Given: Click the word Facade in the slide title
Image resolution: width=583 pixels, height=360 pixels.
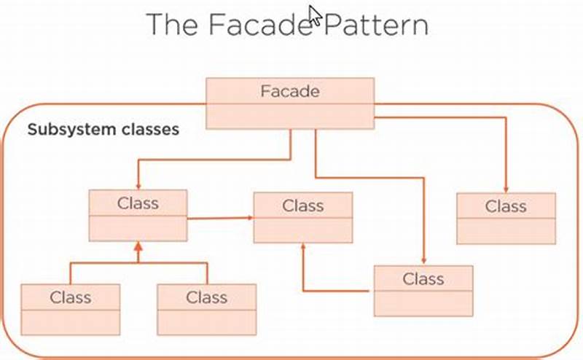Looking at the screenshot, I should tap(259, 24).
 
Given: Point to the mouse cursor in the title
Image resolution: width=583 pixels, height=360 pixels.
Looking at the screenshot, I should tap(315, 15).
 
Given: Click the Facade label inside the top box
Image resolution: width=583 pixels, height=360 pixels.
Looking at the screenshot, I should tap(289, 91).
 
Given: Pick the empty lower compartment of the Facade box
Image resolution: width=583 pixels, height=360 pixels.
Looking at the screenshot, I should tap(290, 116).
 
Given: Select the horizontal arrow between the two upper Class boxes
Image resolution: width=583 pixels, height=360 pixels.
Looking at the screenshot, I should tap(219, 217).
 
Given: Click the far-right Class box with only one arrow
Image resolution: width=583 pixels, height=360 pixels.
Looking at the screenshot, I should tap(506, 218).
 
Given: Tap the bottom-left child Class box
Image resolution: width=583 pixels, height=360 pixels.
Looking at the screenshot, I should tap(70, 309).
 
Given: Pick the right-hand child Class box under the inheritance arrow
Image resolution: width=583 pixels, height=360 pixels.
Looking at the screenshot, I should tap(207, 309).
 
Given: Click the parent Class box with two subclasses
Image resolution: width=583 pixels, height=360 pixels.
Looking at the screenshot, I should tap(138, 215).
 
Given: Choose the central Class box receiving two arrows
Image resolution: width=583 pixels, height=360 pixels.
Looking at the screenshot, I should tap(302, 217).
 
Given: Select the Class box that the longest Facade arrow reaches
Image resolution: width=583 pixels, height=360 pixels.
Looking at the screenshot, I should tap(423, 290).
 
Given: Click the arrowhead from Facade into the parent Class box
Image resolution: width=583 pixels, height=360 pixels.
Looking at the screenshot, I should tap(138, 186).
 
